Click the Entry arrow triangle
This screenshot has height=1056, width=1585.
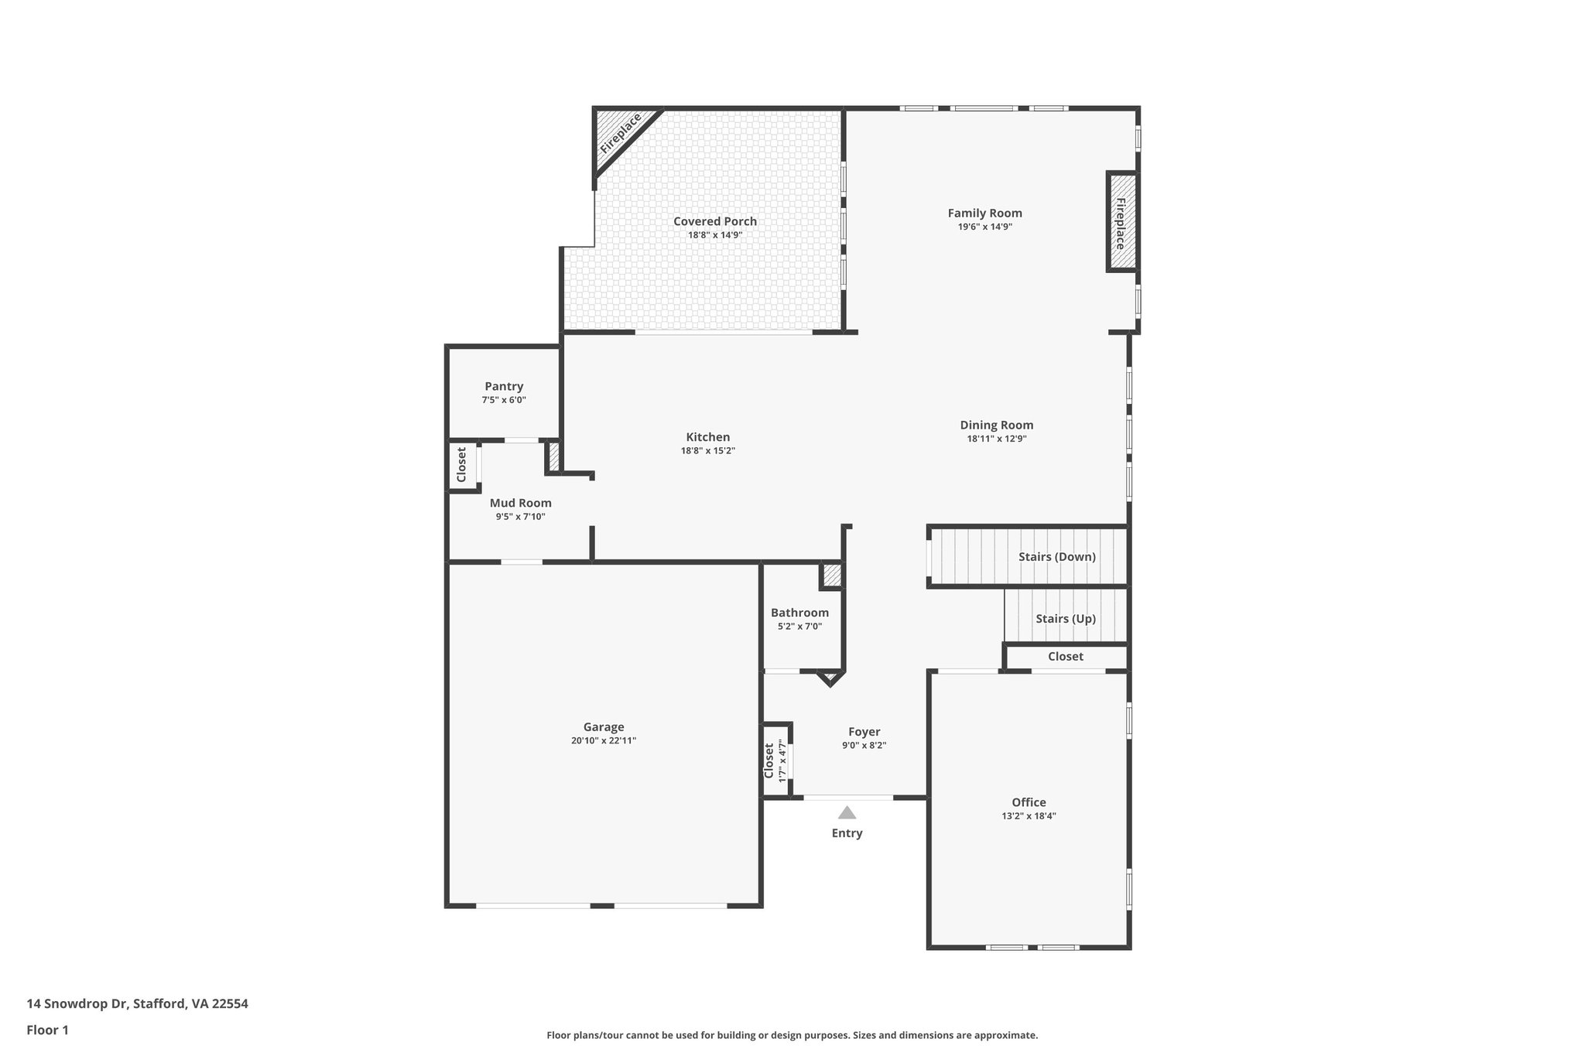click(847, 813)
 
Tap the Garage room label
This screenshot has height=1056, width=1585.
click(604, 727)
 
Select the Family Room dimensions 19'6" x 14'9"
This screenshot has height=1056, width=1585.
click(984, 227)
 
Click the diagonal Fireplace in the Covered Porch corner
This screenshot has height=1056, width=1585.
click(620, 134)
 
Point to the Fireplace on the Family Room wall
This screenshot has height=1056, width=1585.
click(1120, 223)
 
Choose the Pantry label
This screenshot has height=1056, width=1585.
click(504, 386)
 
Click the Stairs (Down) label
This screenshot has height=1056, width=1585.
click(1056, 556)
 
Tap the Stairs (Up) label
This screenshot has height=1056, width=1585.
click(1066, 618)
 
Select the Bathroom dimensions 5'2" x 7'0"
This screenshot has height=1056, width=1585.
click(799, 627)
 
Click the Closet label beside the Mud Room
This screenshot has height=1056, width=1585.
click(461, 464)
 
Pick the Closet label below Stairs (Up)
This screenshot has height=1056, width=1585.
click(1065, 656)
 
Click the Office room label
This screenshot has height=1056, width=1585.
click(1029, 802)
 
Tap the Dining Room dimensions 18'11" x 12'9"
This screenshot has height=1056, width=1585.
click(996, 439)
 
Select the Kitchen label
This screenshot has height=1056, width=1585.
click(707, 437)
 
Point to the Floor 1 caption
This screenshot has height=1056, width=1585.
click(47, 1030)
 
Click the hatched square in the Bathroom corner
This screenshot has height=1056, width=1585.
click(832, 576)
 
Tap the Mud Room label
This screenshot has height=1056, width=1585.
click(520, 503)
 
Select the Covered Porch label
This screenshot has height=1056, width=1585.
click(714, 221)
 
